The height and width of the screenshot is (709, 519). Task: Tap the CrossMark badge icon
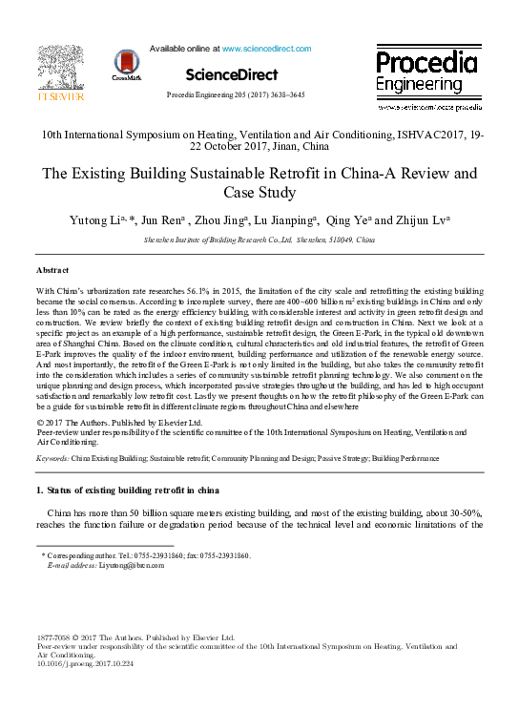coord(126,65)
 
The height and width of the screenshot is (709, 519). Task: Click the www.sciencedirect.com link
coord(266,48)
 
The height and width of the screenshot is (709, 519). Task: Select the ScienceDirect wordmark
coord(232,74)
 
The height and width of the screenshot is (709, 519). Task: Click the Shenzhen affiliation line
coord(259,243)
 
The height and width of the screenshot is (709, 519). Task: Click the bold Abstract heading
coord(52,272)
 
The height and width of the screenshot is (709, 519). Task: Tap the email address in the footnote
coord(132,565)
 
